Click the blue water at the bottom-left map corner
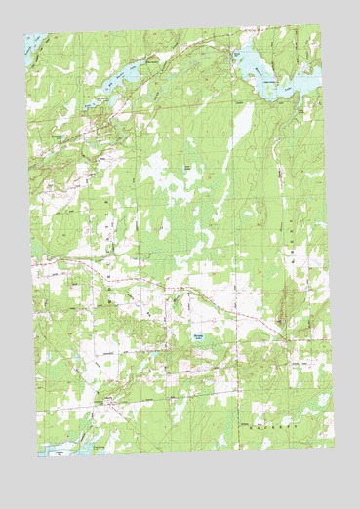pyautogui.click(x=54, y=451)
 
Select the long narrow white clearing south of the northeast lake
pyautogui.click(x=241, y=127)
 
